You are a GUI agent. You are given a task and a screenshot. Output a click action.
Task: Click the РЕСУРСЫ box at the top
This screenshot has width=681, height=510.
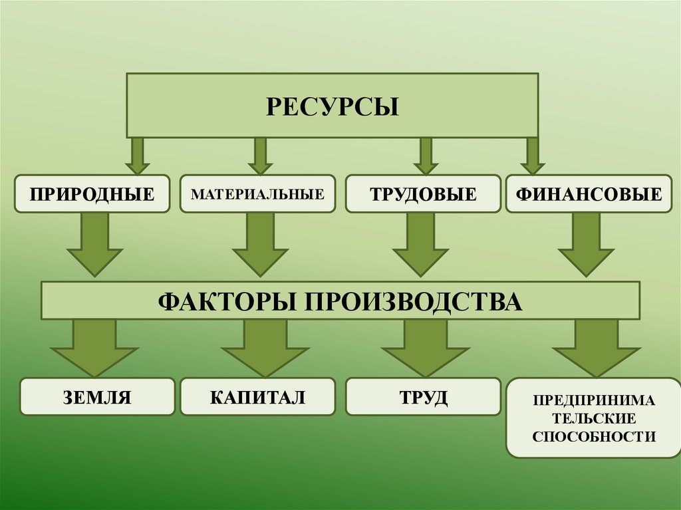[332, 106]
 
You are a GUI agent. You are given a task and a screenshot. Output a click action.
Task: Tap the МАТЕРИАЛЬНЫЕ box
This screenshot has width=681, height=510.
[257, 194]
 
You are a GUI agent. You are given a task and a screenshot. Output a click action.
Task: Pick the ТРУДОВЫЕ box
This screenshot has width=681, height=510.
[423, 194]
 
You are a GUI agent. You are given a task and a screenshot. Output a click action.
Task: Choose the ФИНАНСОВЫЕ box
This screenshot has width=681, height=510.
[589, 194]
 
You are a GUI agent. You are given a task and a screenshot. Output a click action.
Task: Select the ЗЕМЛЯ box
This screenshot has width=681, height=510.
[97, 398]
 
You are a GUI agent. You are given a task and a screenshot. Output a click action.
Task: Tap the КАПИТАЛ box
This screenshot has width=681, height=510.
[257, 398]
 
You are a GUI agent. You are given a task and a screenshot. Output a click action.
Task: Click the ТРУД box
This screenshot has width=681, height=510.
[423, 398]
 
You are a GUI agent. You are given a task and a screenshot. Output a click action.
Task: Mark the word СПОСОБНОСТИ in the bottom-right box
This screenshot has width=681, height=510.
[595, 437]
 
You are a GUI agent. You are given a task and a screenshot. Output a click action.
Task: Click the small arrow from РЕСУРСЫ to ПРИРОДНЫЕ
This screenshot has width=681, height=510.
[137, 156]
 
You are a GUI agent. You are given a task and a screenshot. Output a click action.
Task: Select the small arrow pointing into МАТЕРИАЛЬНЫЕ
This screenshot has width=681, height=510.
[260, 156]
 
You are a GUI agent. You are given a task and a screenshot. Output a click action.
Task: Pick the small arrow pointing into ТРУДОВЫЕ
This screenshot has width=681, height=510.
[425, 156]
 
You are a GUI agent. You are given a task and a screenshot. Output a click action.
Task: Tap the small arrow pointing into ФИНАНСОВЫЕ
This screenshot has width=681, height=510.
[532, 156]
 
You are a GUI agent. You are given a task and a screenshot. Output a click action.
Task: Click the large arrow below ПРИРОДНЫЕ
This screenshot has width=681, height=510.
[94, 245]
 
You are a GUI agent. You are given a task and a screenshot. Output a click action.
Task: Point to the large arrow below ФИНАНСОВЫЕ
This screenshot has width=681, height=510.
[585, 245]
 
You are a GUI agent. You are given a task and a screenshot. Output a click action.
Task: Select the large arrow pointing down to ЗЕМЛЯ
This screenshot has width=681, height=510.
[94, 347]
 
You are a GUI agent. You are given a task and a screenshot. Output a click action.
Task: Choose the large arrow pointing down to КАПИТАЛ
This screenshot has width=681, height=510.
[261, 347]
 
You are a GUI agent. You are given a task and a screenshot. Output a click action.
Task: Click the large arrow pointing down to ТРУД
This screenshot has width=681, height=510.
[425, 347]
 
